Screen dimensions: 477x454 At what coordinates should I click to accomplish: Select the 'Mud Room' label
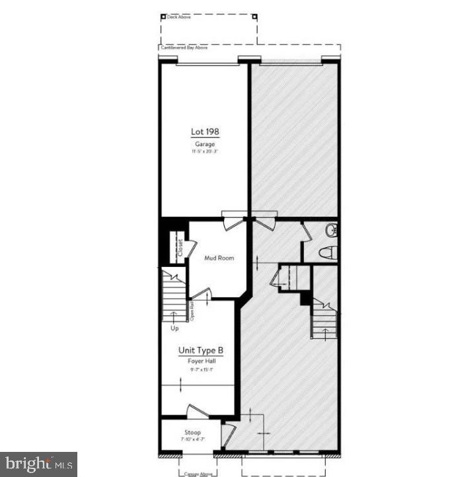pyautogui.click(x=219, y=258)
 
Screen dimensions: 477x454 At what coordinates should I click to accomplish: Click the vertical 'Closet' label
pyautogui.click(x=179, y=246)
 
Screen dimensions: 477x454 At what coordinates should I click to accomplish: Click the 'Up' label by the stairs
pyautogui.click(x=174, y=328)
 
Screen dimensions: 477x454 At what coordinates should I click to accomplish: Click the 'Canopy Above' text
pyautogui.click(x=197, y=473)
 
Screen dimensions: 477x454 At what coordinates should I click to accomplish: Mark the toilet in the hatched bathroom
pyautogui.click(x=328, y=252)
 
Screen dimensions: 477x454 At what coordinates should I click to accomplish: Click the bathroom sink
pyautogui.click(x=332, y=230)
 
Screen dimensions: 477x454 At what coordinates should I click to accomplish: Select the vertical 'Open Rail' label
pyautogui.click(x=192, y=311)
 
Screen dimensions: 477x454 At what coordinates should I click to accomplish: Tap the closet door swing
pyautogui.click(x=190, y=248)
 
